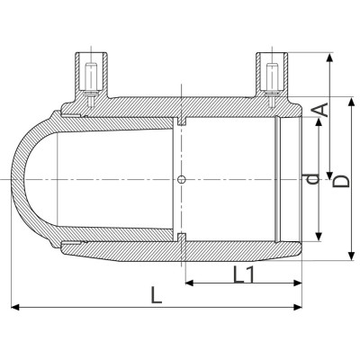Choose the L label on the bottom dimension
pyautogui.click(x=157, y=294)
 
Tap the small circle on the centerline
pyautogui.click(x=182, y=180)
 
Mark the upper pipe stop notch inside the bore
pyautogui.click(x=182, y=121)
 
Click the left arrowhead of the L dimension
pyautogui.click(x=14, y=308)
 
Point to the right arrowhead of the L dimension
pyautogui.click(x=301, y=308)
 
